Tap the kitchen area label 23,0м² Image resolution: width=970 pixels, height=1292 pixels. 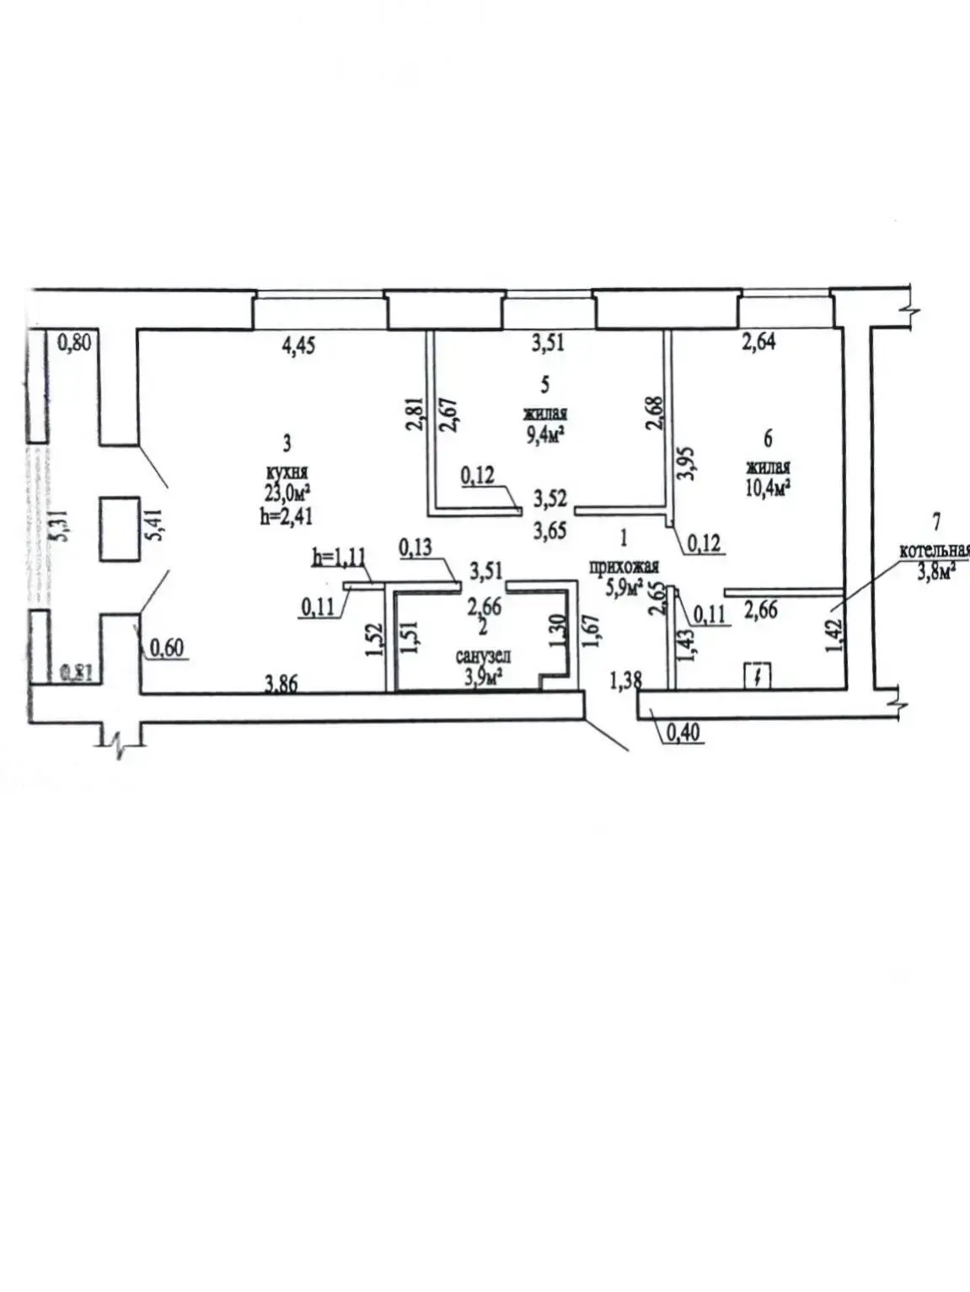[x=287, y=493]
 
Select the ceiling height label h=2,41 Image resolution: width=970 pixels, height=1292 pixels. [x=287, y=515]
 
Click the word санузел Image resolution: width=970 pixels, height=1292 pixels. [x=483, y=656]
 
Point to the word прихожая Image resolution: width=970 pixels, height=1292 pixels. [x=624, y=567]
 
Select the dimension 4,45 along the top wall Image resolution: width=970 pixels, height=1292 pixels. [x=298, y=345]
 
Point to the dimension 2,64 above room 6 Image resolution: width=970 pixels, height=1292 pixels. [x=758, y=341]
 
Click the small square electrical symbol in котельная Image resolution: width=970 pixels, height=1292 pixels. [x=757, y=675]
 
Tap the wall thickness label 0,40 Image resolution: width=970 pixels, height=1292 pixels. [x=682, y=734]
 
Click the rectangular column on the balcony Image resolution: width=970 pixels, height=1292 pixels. [x=119, y=529]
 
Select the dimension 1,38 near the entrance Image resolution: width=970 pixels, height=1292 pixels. [x=625, y=680]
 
